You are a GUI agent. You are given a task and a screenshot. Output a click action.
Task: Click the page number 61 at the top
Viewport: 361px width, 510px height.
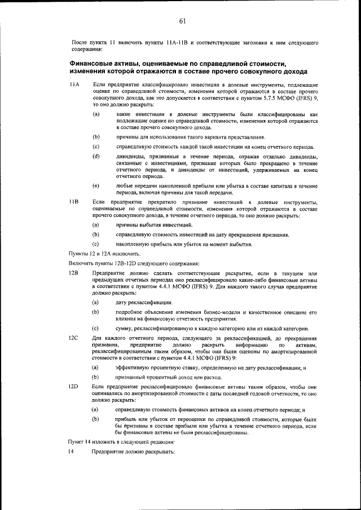182,21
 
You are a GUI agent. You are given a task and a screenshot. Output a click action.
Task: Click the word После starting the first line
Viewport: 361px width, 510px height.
81,42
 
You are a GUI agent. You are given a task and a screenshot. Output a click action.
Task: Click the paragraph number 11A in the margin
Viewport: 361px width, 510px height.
74,85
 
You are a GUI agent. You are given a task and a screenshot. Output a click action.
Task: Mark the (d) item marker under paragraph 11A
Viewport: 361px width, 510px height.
96,156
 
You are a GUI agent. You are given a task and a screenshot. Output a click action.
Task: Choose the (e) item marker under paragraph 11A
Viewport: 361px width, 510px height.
96,185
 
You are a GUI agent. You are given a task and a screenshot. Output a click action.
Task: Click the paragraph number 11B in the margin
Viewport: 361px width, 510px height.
73,202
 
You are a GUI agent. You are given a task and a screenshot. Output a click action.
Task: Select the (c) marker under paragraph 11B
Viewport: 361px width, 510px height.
96,244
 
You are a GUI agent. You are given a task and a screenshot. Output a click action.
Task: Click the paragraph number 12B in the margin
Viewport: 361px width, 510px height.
73,273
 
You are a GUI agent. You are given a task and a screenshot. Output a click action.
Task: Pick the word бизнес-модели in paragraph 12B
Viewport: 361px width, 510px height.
236,312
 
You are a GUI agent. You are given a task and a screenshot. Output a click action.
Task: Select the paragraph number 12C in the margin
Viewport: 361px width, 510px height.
73,338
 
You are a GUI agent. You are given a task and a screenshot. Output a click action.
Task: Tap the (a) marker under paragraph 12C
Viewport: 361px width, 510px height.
96,367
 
